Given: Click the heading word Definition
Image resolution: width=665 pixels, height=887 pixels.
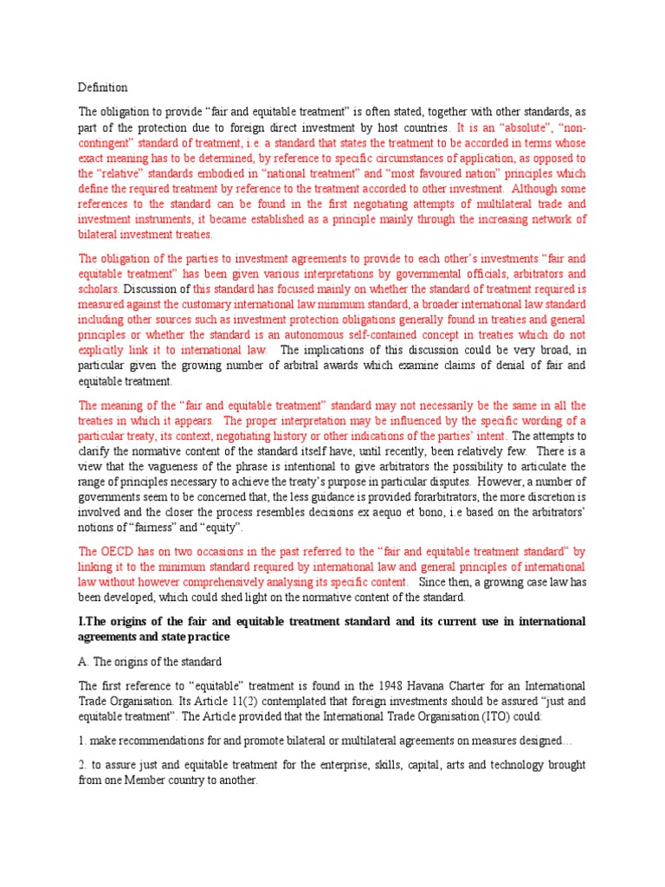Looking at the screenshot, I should tap(103, 87).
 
